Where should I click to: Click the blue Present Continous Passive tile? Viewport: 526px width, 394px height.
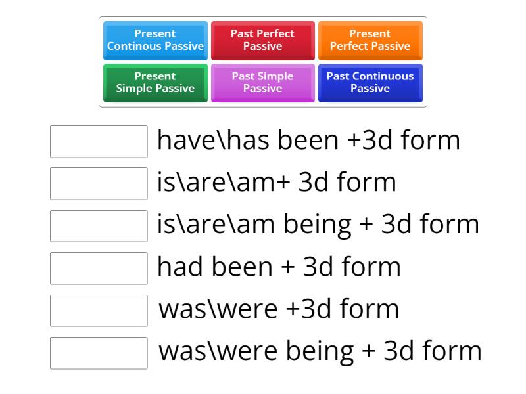155,40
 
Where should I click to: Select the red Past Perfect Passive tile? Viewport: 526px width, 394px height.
262,40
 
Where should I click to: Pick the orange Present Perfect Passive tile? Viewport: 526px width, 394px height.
370,40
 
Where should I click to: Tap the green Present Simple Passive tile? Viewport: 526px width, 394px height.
155,82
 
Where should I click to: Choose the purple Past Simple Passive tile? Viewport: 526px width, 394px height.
262,82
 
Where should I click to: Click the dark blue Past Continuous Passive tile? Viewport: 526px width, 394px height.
370,82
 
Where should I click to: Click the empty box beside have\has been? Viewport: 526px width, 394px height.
99,142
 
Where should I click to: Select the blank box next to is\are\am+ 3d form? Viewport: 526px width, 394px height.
99,184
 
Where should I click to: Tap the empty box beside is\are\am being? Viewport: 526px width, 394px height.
99,226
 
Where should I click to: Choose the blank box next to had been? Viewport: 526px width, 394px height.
99,269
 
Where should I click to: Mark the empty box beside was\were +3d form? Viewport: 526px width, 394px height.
99,311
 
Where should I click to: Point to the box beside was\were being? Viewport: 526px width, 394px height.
99,353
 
